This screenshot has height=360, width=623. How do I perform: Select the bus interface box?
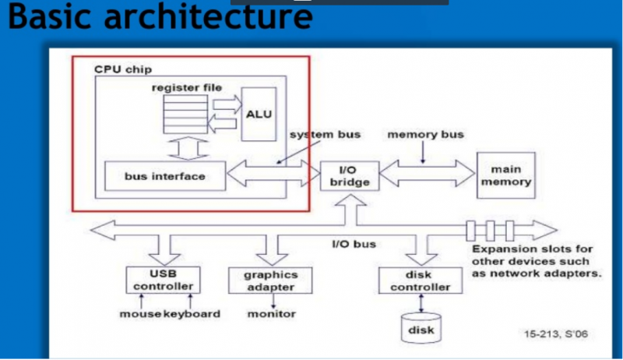[164, 176]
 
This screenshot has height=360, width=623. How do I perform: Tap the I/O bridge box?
[348, 176]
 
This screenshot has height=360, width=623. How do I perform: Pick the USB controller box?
[163, 280]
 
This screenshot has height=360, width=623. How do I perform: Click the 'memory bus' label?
[425, 134]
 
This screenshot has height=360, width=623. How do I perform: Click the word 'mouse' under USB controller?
[140, 314]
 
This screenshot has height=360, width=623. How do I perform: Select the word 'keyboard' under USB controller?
[191, 314]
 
